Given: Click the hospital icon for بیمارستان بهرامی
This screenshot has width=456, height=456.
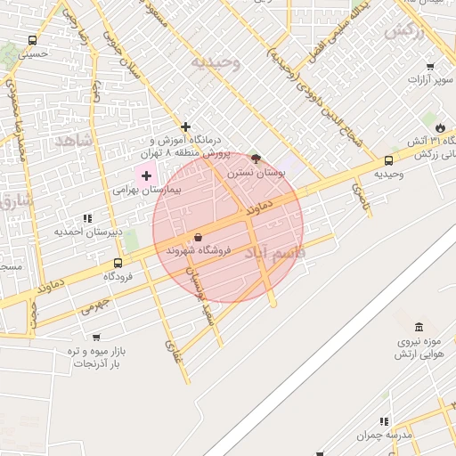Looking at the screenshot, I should click(x=146, y=176).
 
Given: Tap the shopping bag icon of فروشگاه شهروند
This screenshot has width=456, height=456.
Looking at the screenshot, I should click(x=197, y=237).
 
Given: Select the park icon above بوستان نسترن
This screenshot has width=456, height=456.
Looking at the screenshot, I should click(x=256, y=159).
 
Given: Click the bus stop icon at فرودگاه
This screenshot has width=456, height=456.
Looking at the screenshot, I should click(x=118, y=263).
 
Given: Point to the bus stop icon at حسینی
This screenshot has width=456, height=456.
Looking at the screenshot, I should click(x=33, y=40).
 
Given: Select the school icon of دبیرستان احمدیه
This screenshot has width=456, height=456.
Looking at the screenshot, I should click(x=86, y=218).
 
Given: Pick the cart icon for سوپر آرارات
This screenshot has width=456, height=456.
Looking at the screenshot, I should click(x=430, y=67).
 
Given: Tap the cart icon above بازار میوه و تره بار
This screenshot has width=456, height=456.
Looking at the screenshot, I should click(x=96, y=338).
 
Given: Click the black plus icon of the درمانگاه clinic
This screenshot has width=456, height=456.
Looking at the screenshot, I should click(x=185, y=126).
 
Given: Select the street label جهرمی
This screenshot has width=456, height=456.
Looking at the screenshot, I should click(x=94, y=305).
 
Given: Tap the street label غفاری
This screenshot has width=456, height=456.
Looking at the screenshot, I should click(x=171, y=354).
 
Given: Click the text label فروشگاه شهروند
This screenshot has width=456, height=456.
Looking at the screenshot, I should click(x=198, y=251).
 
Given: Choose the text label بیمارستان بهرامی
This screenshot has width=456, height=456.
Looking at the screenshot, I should click(x=148, y=191).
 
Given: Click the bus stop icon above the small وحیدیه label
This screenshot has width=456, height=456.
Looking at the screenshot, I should click(x=388, y=160).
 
